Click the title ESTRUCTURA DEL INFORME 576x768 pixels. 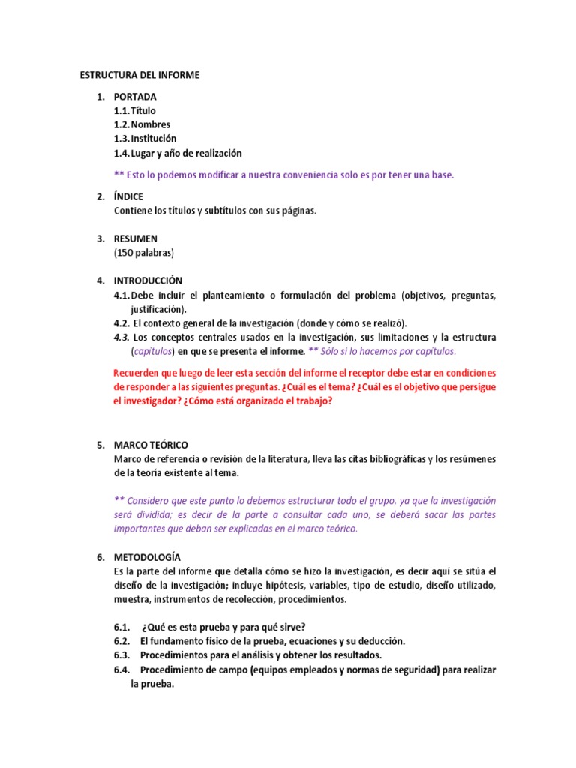pyautogui.click(x=140, y=76)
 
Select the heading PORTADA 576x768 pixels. pyautogui.click(x=135, y=97)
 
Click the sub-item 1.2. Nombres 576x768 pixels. pyautogui.click(x=142, y=124)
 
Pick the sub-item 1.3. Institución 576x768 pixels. pyautogui.click(x=145, y=139)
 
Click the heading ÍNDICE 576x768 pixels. pyautogui.click(x=128, y=196)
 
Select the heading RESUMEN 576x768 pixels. pyautogui.click(x=135, y=238)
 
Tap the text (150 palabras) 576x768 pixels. pyautogui.click(x=143, y=252)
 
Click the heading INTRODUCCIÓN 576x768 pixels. pyautogui.click(x=148, y=280)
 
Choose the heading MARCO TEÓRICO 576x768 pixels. pyautogui.click(x=151, y=445)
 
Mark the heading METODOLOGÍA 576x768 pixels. pyautogui.click(x=147, y=557)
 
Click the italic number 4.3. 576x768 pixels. pyautogui.click(x=121, y=337)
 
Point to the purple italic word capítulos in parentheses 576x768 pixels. pyautogui.click(x=153, y=351)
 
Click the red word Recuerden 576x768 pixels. pyautogui.click(x=136, y=373)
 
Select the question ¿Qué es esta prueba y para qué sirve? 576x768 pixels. pyautogui.click(x=223, y=627)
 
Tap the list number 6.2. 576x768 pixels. pyautogui.click(x=122, y=641)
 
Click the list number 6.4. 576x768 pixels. pyautogui.click(x=122, y=670)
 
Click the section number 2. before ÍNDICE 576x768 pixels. pyautogui.click(x=100, y=196)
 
